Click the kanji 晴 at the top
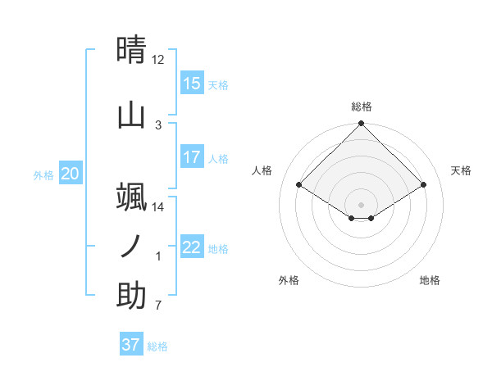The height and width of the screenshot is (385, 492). point(131,50)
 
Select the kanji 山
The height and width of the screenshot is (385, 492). point(131,115)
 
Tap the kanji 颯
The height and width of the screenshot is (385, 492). point(131,197)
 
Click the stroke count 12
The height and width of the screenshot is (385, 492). point(158,60)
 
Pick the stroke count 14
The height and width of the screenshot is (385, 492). point(158,207)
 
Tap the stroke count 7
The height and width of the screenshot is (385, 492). point(158,306)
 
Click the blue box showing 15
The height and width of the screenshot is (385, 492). point(192,84)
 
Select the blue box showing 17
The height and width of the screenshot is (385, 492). point(192,157)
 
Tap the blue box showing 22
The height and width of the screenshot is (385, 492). point(192,247)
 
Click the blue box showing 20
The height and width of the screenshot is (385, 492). point(71,174)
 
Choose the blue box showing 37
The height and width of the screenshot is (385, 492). point(131,345)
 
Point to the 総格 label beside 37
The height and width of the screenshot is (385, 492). point(157,346)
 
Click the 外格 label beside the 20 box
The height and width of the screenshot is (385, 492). point(43,175)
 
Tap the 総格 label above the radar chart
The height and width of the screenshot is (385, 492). point(362,106)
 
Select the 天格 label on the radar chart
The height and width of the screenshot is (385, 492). point(461,170)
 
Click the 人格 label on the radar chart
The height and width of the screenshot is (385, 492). point(262,170)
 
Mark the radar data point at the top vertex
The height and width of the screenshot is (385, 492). point(362,125)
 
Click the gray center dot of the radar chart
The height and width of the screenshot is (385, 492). point(362,204)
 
